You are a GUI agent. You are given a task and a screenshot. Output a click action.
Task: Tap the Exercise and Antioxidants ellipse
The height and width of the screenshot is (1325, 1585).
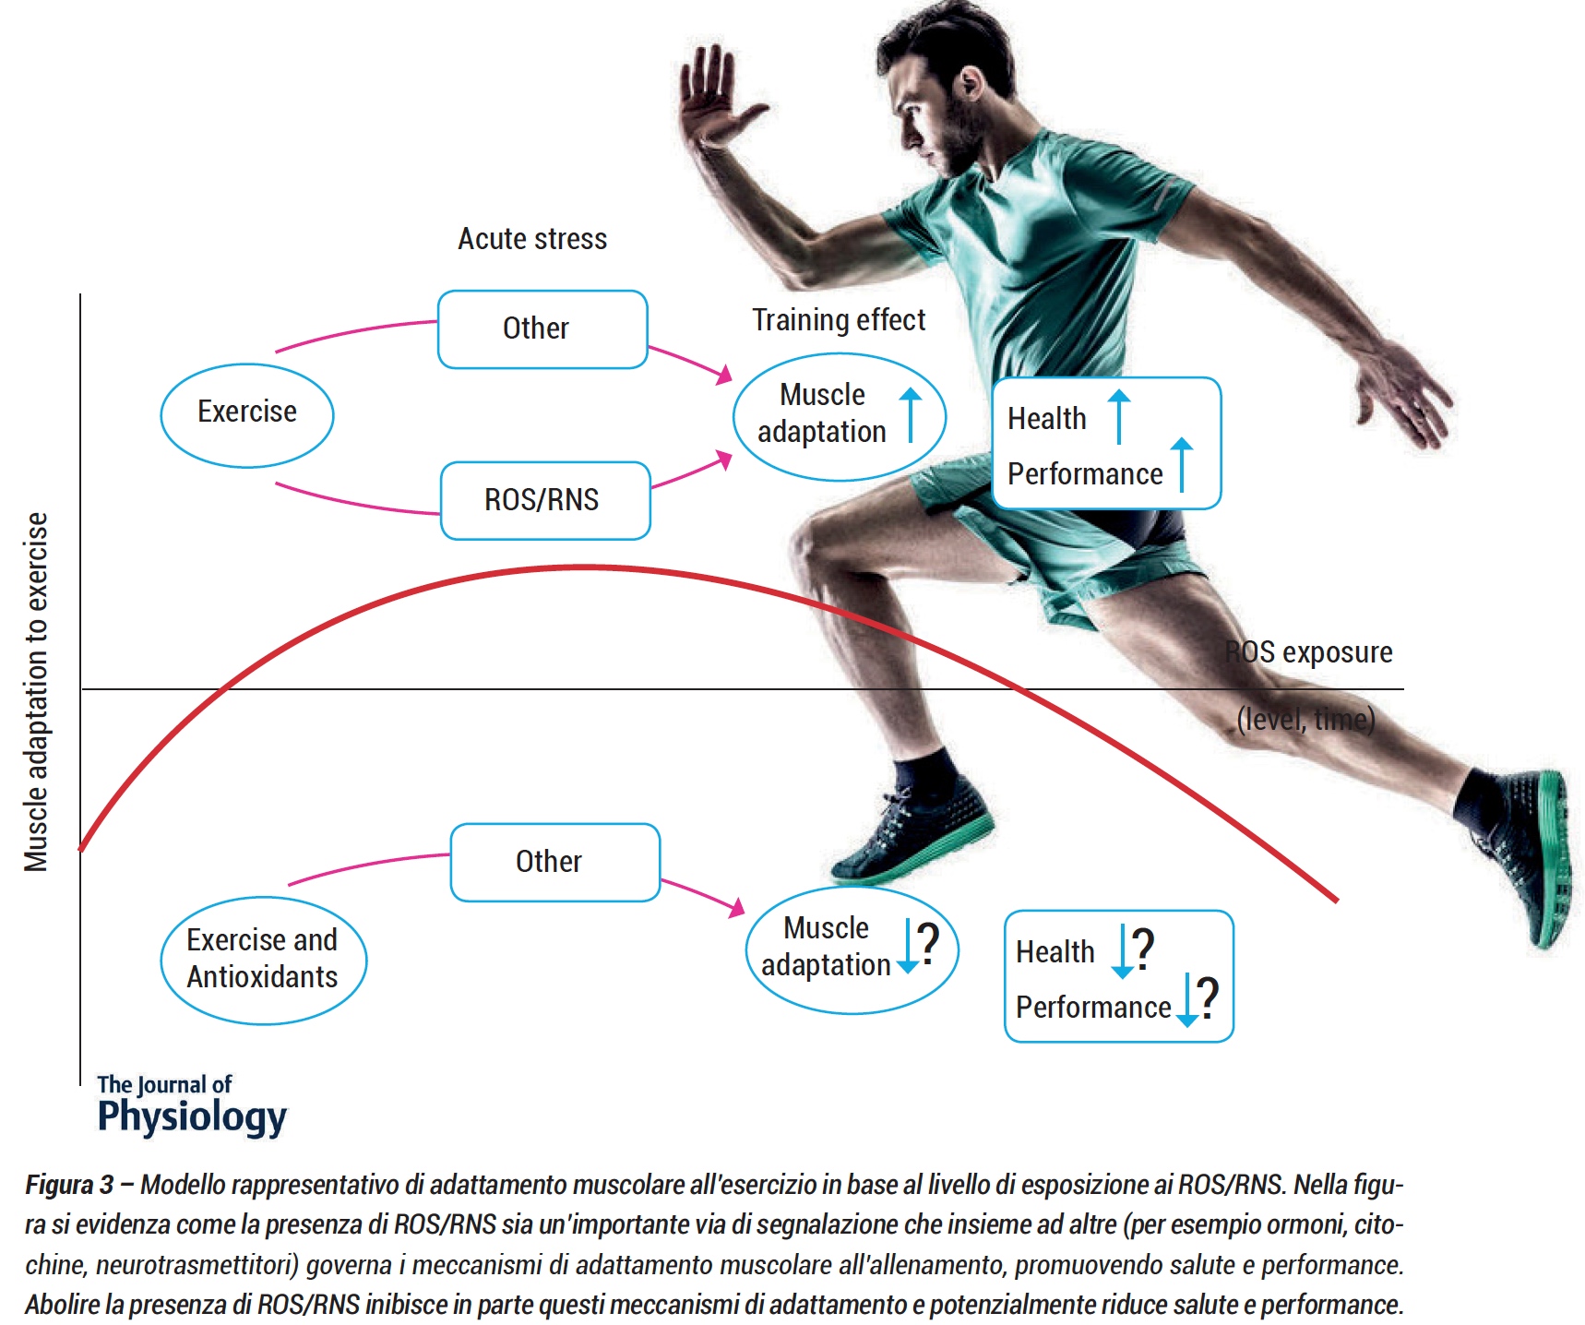263,960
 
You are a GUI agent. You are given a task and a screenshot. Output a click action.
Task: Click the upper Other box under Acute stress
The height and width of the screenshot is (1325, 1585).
542,329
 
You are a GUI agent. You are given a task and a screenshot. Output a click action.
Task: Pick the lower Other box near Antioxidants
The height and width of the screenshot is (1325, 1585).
554,862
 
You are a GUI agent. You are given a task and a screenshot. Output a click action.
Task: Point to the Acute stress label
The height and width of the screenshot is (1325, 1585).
532,239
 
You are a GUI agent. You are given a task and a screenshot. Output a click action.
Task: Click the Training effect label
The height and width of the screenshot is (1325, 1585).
838,320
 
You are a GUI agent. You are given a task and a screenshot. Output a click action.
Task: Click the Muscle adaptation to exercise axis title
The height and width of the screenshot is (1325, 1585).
36,692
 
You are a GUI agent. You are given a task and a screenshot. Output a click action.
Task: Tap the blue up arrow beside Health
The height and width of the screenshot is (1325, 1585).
1119,414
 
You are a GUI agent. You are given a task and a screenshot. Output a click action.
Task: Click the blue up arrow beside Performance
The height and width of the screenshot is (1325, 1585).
1182,463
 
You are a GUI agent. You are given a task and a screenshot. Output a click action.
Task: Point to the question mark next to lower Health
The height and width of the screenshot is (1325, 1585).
1144,948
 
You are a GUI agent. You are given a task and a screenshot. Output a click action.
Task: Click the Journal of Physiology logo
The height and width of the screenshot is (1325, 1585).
192,1104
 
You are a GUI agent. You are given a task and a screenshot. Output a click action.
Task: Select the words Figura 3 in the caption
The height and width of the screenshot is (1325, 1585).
69,1185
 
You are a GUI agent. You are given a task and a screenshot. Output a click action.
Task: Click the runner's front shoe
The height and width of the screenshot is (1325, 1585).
910,830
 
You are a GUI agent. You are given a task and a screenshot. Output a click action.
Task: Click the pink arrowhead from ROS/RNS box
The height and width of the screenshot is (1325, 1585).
723,460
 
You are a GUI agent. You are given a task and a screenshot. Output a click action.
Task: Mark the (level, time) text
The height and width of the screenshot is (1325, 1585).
1305,719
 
